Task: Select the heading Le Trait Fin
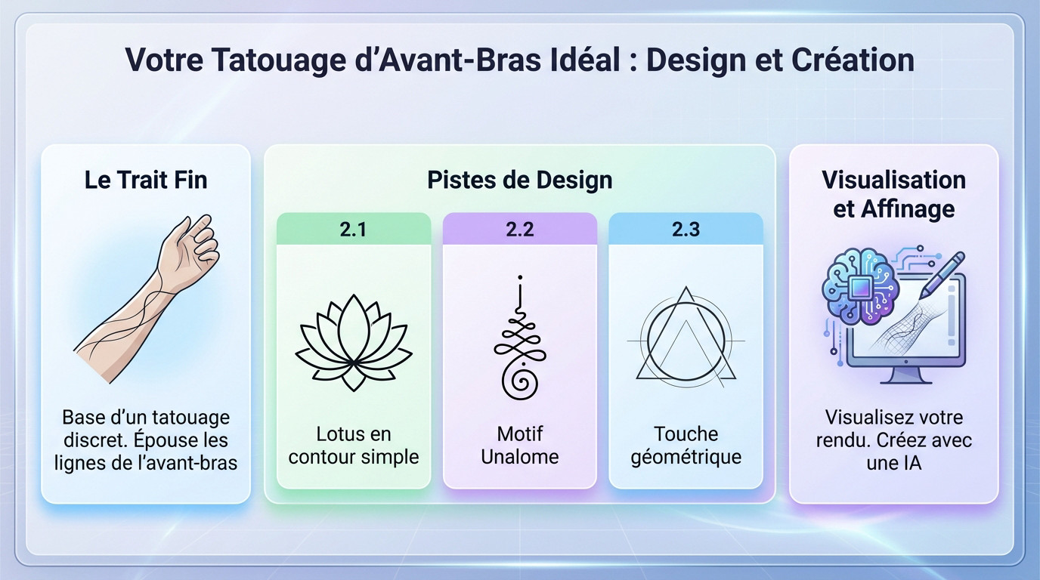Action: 146,180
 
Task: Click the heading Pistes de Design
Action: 519,180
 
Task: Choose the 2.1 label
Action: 353,229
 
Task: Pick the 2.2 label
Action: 519,229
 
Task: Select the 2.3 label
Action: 686,229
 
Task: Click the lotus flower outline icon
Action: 353,341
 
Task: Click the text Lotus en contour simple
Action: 353,446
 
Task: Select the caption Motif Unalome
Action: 519,446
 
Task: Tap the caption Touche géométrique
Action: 686,446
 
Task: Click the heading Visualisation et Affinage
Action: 893,194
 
